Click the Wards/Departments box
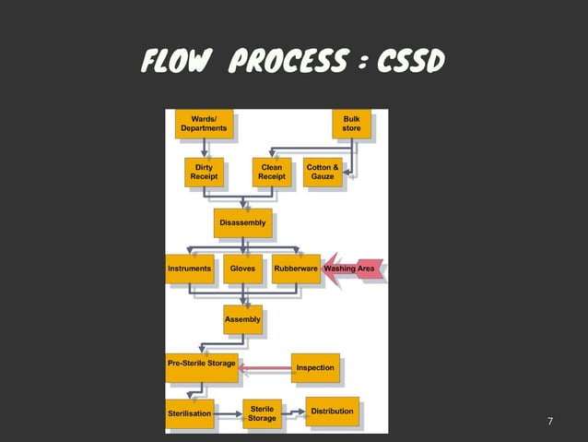(204, 124)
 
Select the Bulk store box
(351, 124)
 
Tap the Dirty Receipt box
(204, 172)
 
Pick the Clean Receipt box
(272, 172)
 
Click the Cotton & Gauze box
(323, 172)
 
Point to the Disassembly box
(242, 222)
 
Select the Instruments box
(189, 269)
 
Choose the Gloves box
(242, 269)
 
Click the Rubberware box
(296, 269)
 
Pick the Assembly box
(242, 319)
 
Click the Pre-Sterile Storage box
(201, 364)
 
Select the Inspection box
(315, 367)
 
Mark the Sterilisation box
(189, 413)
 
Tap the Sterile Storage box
(262, 413)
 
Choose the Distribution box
(332, 411)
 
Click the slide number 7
(550, 422)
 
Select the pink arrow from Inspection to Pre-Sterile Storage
(265, 369)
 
